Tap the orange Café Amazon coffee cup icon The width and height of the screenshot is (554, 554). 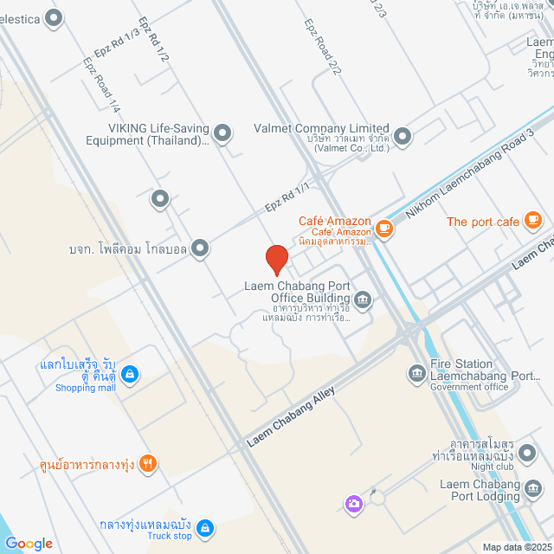(x=383, y=229)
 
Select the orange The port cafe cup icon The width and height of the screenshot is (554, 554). (x=532, y=222)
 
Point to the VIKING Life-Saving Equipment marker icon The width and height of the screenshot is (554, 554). (x=222, y=132)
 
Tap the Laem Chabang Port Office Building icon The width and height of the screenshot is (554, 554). (x=363, y=300)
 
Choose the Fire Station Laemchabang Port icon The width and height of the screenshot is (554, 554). (x=415, y=373)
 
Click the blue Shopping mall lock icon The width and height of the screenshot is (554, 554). (x=129, y=374)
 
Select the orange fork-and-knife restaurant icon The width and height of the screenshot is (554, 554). (x=148, y=463)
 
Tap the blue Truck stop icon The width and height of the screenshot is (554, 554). (x=204, y=527)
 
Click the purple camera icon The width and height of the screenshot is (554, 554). (x=353, y=503)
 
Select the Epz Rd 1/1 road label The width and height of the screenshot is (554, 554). (x=287, y=196)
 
